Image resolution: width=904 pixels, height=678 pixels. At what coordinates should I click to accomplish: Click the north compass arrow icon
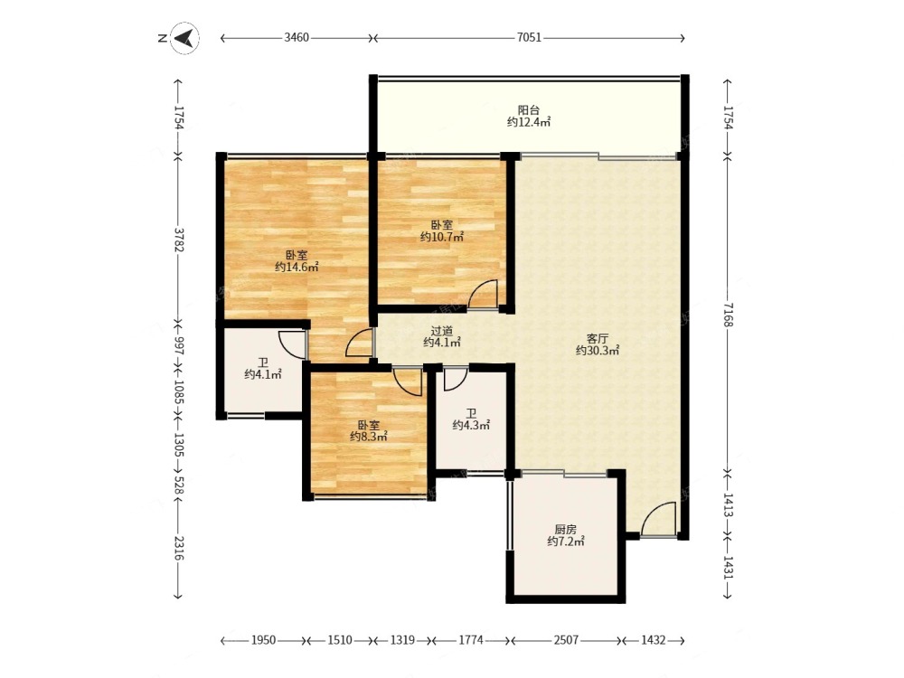click(184, 38)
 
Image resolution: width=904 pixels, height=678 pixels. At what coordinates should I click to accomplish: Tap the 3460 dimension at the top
click(297, 38)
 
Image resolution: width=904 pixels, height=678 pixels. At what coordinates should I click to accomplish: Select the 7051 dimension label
click(529, 38)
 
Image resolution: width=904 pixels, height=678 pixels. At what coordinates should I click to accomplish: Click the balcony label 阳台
click(528, 110)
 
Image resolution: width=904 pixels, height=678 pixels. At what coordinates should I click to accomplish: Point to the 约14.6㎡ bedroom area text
click(297, 267)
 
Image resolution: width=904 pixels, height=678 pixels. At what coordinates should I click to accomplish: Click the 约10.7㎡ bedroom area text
click(442, 237)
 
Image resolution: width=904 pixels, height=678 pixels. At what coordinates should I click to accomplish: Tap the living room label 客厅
click(598, 338)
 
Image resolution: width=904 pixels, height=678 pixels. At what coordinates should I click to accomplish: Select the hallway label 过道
click(442, 331)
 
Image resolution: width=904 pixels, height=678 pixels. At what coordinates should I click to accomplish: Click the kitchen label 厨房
click(566, 529)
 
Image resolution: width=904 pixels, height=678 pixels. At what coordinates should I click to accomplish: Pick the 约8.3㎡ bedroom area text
click(369, 437)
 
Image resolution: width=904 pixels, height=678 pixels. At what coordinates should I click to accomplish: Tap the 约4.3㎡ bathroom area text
click(471, 426)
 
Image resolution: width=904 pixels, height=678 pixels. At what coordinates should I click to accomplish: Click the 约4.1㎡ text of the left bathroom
click(263, 375)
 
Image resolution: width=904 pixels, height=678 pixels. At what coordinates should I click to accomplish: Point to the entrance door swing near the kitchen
click(658, 519)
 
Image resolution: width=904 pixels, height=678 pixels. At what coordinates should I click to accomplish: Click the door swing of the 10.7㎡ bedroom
click(483, 293)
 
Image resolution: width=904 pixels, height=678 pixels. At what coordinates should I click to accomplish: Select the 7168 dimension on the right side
click(728, 315)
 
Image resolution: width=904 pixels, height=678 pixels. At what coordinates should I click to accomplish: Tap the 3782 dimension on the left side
click(179, 240)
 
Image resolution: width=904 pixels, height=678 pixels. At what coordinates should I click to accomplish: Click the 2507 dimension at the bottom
click(566, 640)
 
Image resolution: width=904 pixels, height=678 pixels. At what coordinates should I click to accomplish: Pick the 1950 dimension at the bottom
click(263, 640)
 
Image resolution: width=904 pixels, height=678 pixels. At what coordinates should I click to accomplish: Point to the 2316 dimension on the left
click(179, 549)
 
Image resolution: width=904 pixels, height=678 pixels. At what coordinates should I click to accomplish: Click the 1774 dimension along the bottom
click(471, 640)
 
